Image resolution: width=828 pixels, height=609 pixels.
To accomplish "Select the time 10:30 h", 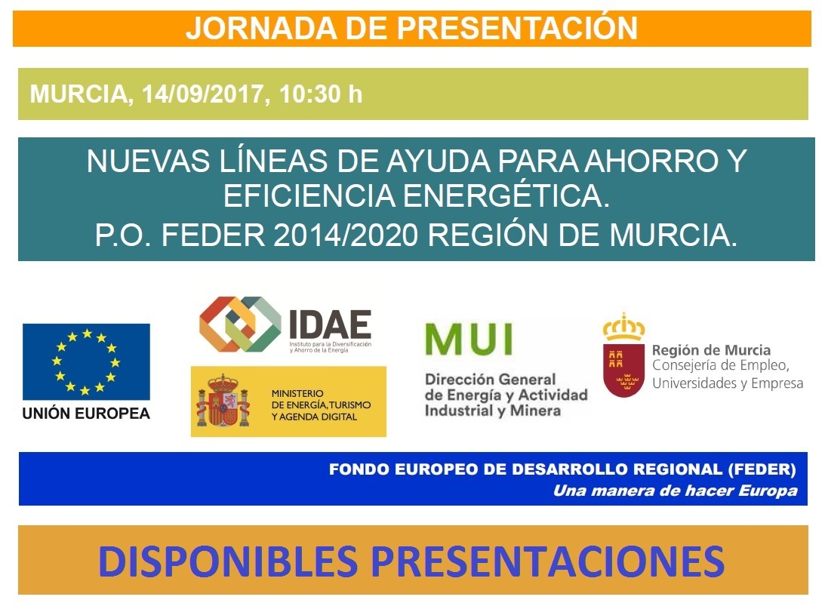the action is [321, 94].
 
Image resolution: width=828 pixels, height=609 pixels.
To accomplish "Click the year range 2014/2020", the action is [346, 235].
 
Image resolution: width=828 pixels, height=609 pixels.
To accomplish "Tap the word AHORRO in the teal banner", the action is [651, 161].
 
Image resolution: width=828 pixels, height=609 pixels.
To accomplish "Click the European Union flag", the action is [86, 361].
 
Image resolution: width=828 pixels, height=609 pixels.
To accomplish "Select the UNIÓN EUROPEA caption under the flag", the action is [86, 413].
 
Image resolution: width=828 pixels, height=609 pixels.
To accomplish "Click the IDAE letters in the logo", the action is [330, 324].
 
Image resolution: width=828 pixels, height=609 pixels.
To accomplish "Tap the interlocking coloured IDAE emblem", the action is [240, 324].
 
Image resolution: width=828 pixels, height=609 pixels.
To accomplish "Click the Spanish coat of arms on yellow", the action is [223, 401].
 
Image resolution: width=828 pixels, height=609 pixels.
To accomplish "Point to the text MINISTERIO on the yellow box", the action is [297, 393].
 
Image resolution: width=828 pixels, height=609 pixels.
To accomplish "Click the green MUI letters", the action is [469, 339].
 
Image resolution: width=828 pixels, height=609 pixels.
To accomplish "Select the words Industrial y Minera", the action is [493, 411].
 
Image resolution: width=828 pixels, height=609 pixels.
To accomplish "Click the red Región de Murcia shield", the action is [623, 370].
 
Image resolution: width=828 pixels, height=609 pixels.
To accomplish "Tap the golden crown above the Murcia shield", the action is [623, 327].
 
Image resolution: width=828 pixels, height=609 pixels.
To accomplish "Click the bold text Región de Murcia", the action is [711, 350].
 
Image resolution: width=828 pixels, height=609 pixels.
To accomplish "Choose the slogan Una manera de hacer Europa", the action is [676, 491].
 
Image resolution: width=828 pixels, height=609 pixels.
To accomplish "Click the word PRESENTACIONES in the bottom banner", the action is [548, 561].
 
